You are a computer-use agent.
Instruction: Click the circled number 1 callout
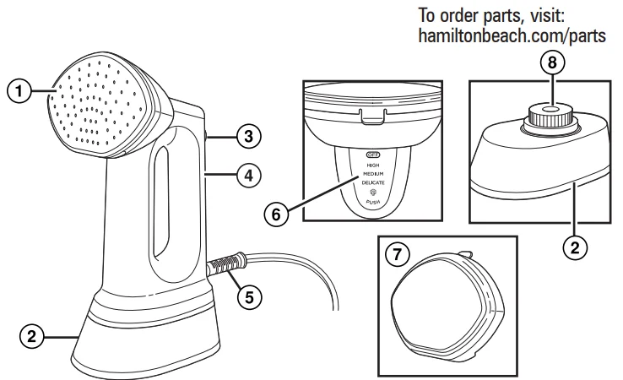(x=19, y=88)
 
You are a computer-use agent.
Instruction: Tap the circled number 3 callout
(x=246, y=134)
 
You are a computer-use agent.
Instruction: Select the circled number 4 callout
(x=246, y=176)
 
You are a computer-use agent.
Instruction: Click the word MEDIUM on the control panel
(x=373, y=173)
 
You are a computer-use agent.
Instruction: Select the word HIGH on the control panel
(x=373, y=165)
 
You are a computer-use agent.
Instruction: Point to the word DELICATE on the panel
(x=373, y=182)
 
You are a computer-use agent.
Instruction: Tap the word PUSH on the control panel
(x=373, y=204)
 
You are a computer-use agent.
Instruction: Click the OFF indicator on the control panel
(x=373, y=155)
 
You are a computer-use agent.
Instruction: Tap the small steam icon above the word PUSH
(x=373, y=193)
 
